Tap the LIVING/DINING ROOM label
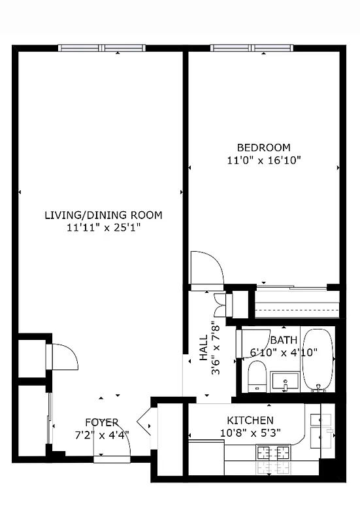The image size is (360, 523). pyautogui.click(x=103, y=215)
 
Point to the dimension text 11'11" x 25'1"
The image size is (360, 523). pyautogui.click(x=103, y=228)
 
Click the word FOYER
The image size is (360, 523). pyautogui.click(x=101, y=422)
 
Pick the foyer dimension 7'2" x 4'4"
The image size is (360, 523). pyautogui.click(x=101, y=434)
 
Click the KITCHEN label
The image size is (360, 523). pyautogui.click(x=250, y=420)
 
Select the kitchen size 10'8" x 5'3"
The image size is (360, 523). pyautogui.click(x=250, y=432)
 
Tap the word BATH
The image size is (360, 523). pyautogui.click(x=284, y=340)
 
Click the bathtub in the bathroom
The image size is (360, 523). pyautogui.click(x=318, y=359)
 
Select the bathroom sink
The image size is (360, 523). pyautogui.click(x=285, y=381)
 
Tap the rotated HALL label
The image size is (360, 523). pyautogui.click(x=203, y=348)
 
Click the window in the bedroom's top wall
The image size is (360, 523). pyautogui.click(x=253, y=48)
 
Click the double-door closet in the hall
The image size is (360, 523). pyautogui.click(x=224, y=304)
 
